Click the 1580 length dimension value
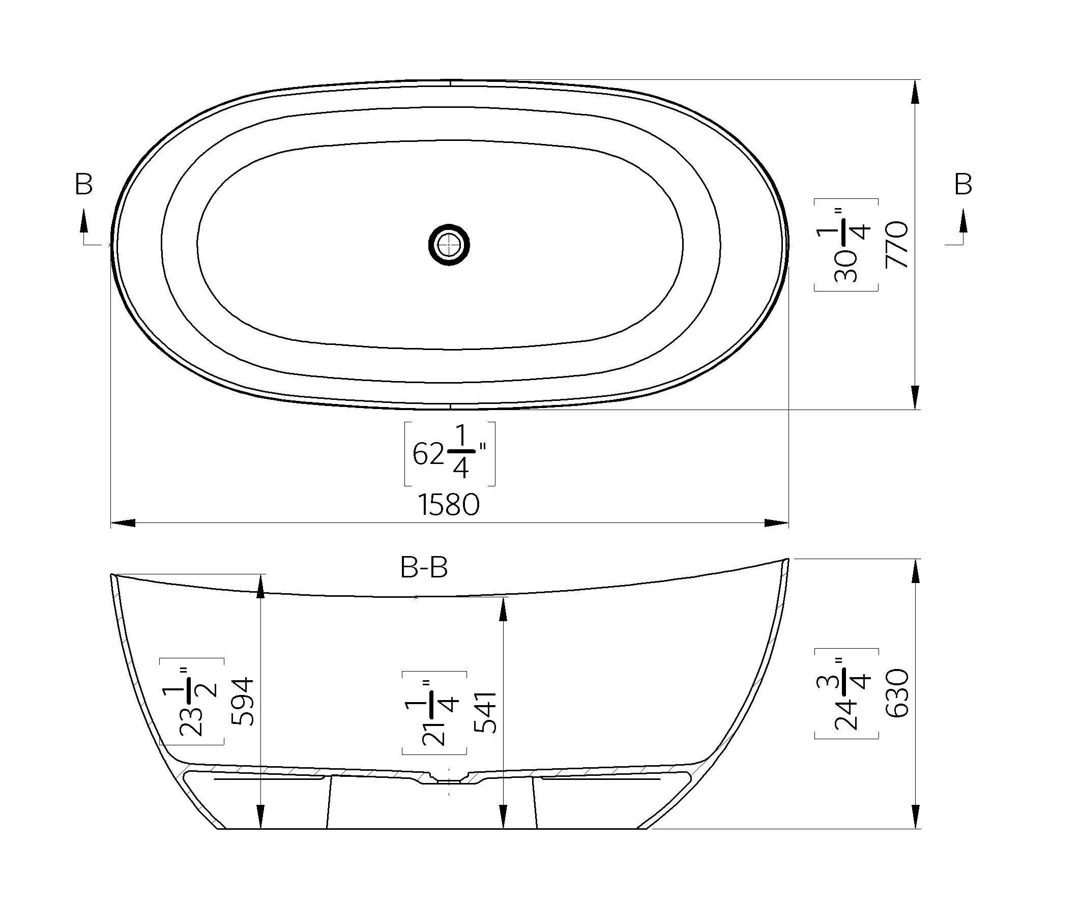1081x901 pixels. point(449,505)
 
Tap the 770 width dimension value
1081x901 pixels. point(896,245)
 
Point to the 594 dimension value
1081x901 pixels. point(243,701)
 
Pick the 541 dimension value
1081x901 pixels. point(484,713)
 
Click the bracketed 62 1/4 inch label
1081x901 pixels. point(450,454)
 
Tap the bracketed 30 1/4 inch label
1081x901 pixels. point(846,245)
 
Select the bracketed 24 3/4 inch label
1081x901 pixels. point(846,693)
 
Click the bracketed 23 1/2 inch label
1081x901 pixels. point(191,701)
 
